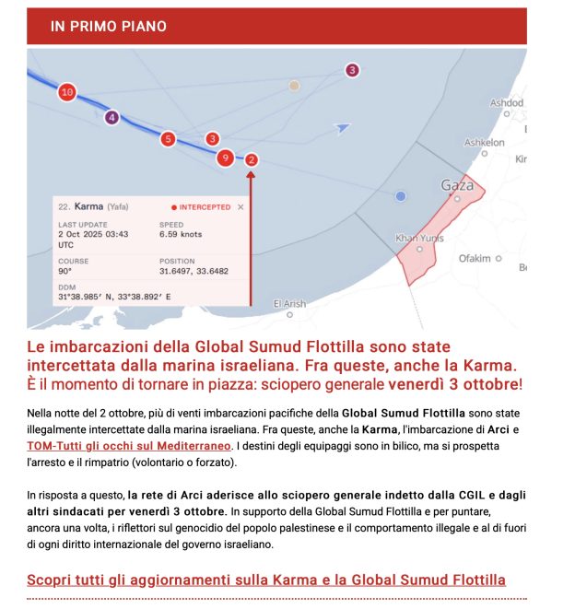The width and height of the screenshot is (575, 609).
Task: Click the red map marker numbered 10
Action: tap(66, 92)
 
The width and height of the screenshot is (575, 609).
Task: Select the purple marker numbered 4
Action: tap(111, 118)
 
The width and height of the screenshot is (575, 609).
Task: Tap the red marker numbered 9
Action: tap(224, 158)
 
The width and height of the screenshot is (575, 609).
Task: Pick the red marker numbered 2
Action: tap(252, 159)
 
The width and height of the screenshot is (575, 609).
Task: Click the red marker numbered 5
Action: tap(168, 139)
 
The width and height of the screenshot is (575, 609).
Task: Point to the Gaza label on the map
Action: tap(457, 185)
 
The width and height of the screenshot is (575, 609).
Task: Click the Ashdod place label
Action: tap(507, 102)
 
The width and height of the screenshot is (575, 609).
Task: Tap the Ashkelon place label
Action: tap(484, 143)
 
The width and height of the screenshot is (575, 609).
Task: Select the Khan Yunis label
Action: tap(413, 238)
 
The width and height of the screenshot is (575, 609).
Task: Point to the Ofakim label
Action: tap(475, 259)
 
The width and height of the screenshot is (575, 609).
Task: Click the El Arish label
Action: tap(289, 303)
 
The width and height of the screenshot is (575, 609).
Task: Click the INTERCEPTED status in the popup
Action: tap(205, 207)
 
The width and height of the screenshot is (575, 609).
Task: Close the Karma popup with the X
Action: tap(241, 207)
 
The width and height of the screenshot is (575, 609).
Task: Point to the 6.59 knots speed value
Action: tap(181, 235)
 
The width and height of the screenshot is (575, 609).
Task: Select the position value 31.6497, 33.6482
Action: tap(194, 272)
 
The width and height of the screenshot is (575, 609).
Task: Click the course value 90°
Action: tap(65, 272)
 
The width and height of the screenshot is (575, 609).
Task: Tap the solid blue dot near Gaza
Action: tap(400, 196)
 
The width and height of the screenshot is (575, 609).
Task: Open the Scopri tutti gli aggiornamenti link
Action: tap(266, 580)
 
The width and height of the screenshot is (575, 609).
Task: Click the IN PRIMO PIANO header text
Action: tap(109, 27)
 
